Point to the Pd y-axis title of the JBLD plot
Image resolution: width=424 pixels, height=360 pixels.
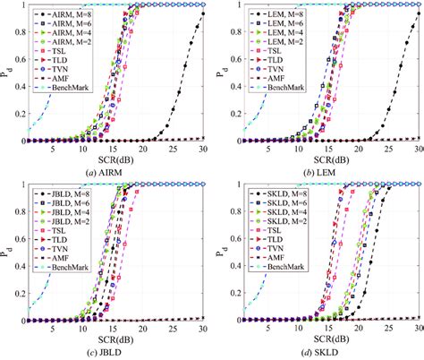coord(8,252)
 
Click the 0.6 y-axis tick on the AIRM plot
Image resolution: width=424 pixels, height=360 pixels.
coord(20,59)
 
